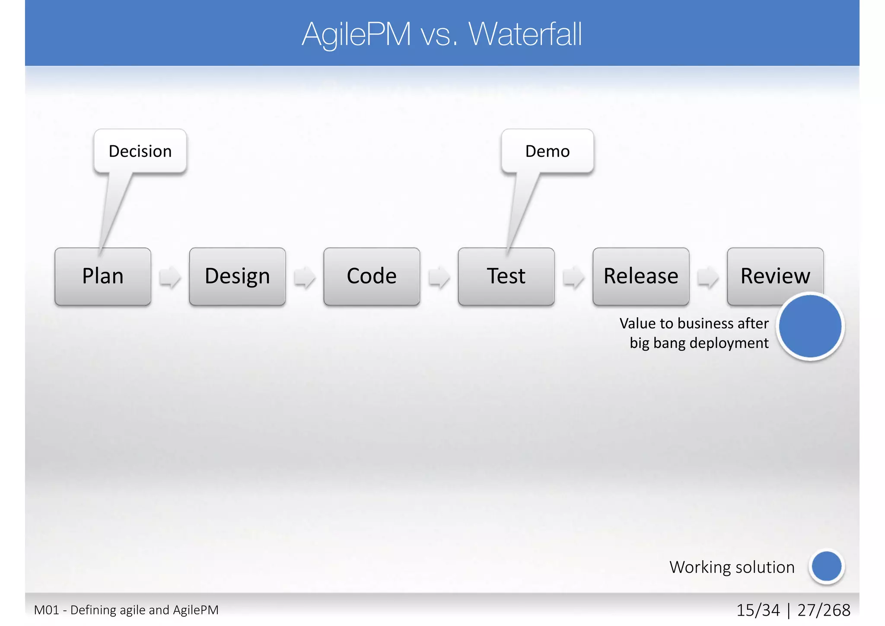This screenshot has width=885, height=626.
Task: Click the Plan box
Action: coord(103,276)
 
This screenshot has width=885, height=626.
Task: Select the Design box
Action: coord(237,276)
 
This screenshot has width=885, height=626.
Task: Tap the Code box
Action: coord(372,276)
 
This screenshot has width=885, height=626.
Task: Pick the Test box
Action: coord(506,276)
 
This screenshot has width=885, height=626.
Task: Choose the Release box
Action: coord(641,276)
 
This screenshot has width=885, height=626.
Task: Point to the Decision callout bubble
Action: coord(140,151)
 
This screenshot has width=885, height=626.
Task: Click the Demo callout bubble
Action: coord(548,151)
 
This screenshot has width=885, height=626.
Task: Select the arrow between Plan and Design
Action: coord(170,277)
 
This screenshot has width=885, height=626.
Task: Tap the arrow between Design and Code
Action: coord(305,277)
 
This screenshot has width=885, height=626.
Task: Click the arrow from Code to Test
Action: coord(439,277)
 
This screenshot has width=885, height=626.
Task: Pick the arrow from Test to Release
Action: coord(573,277)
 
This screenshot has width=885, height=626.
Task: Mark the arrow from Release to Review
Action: coord(708,277)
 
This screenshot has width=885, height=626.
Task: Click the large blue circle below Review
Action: coord(810,326)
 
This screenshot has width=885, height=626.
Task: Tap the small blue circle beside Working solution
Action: coord(826,566)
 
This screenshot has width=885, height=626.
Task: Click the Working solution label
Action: coord(732,567)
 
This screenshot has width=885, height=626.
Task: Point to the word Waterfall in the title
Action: coord(525,34)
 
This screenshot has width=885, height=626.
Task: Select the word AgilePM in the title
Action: coord(357,34)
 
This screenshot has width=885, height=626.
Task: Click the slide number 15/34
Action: coord(758,610)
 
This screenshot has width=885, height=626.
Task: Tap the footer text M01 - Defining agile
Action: coord(126,610)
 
